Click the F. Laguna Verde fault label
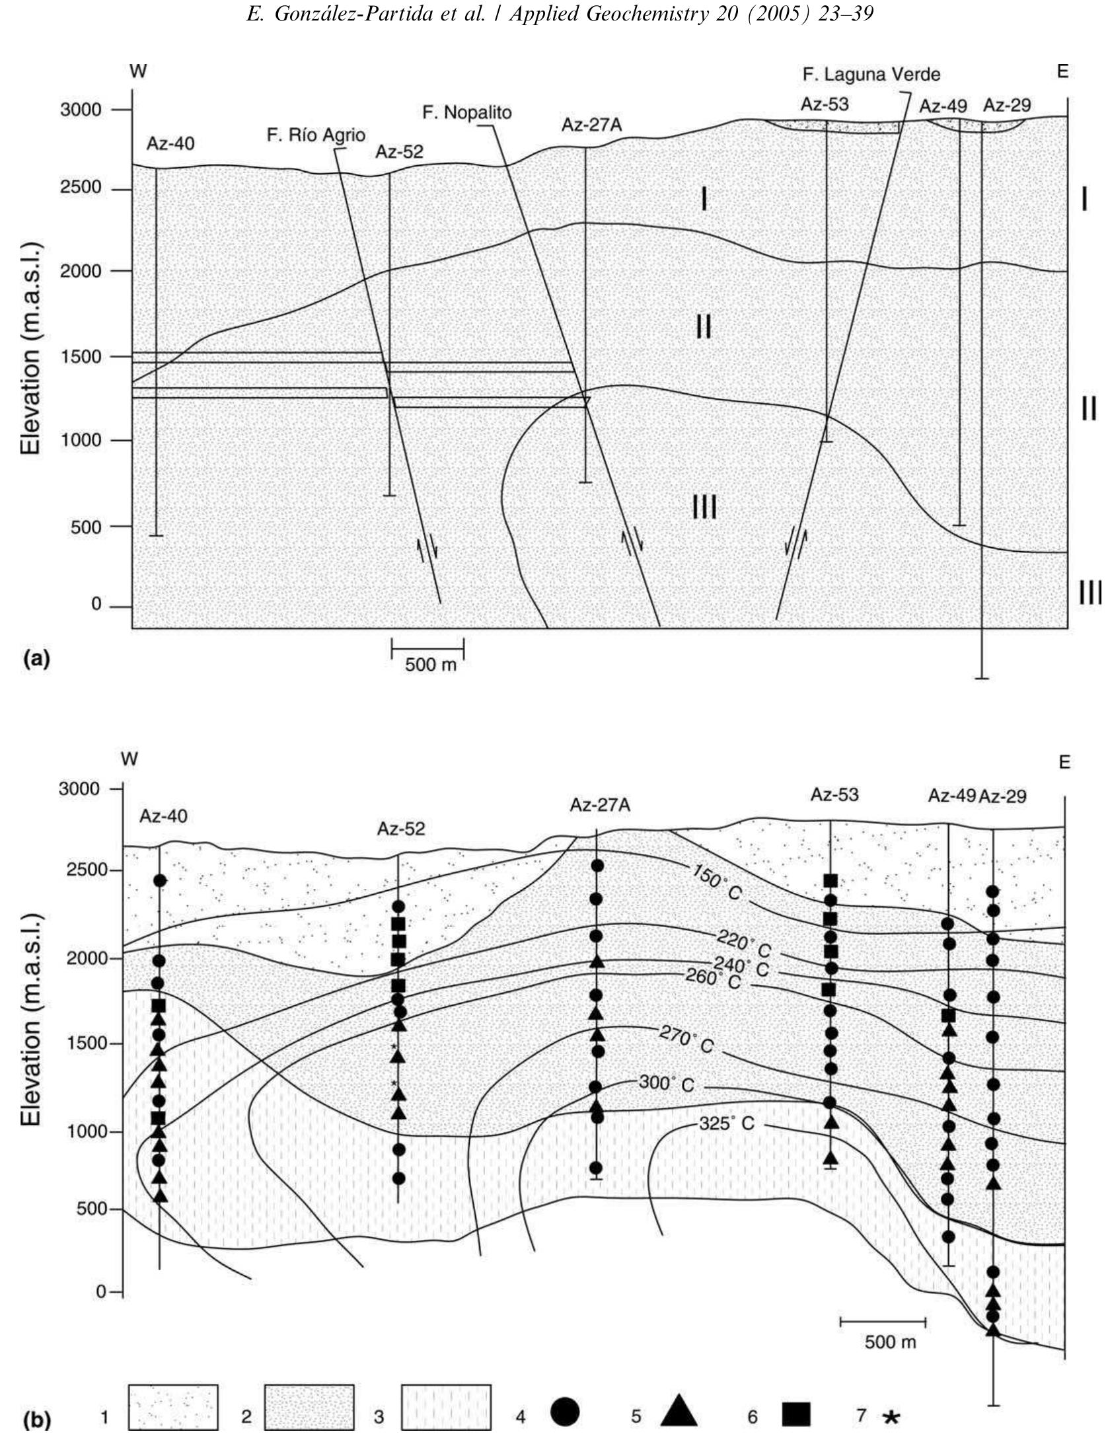coord(871,74)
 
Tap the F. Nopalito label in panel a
coord(466,112)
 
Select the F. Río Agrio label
coord(316,135)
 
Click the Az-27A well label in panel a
coord(592,124)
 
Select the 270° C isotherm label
coord(686,1040)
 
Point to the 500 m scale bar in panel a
coord(427,648)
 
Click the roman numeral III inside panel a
coord(704,508)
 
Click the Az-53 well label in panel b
coord(834,794)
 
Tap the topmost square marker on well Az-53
coord(830,880)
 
